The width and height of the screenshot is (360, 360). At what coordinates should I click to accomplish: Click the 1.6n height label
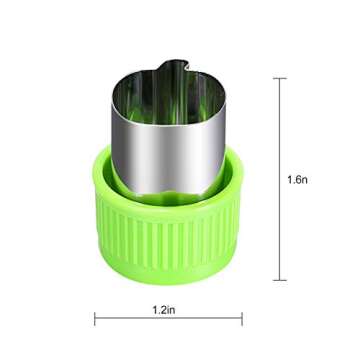click(297, 180)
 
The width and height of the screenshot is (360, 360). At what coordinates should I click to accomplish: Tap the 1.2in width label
click(164, 310)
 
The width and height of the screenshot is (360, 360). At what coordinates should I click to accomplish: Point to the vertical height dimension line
click(280, 179)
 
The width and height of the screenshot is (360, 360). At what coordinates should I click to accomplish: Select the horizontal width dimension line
click(168, 319)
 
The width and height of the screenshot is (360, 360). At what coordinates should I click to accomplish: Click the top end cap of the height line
click(280, 78)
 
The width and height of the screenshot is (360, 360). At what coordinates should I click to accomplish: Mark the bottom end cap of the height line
click(280, 280)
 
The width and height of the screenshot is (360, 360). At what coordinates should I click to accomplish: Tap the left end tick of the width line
click(95, 319)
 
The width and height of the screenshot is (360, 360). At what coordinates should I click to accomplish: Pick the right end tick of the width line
click(242, 319)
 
